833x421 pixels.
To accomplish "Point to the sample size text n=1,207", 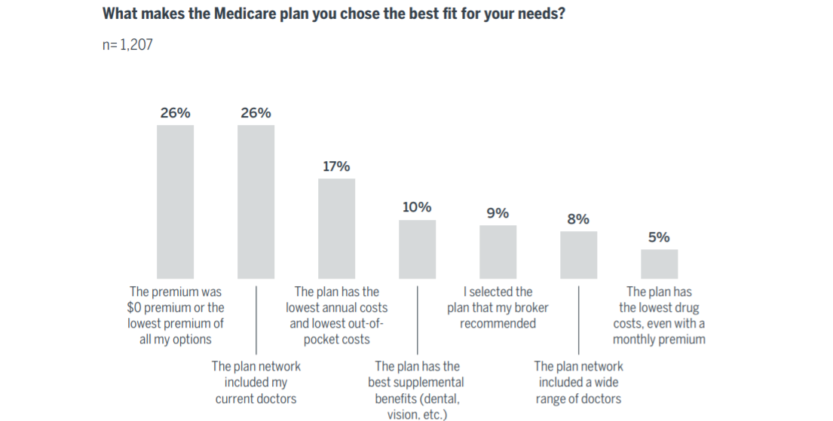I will [127, 45].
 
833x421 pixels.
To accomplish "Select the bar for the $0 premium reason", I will [175, 202].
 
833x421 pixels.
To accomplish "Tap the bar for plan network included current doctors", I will [256, 202].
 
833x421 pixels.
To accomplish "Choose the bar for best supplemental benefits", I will [417, 249].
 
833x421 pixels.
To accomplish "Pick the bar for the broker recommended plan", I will [498, 252].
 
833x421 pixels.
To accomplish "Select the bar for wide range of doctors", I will [578, 255].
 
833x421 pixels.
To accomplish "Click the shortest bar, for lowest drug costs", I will [659, 264].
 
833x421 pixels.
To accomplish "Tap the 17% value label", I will [336, 166].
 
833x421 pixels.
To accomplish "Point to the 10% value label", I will [417, 207].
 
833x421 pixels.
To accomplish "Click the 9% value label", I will [498, 213].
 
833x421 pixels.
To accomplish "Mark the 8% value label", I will [578, 219].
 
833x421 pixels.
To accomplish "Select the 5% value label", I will [659, 237].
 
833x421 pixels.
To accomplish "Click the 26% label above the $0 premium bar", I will [175, 113].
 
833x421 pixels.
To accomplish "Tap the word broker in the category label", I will [531, 307].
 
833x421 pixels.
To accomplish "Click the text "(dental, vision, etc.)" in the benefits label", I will [417, 406].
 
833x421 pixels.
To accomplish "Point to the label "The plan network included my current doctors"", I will [256, 382].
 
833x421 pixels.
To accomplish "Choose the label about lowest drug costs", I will [659, 315].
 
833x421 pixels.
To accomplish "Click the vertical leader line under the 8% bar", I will [578, 320].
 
